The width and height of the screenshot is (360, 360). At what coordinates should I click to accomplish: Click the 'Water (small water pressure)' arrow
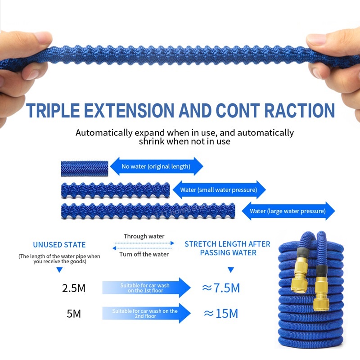[x=219, y=189]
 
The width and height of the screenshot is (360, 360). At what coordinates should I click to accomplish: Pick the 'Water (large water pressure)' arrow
[x=288, y=211]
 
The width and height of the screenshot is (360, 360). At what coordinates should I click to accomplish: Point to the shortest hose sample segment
[x=84, y=167]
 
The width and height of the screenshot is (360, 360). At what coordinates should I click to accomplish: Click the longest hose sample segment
[x=148, y=211]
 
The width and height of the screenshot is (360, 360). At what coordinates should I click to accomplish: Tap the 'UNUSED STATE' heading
[x=59, y=245]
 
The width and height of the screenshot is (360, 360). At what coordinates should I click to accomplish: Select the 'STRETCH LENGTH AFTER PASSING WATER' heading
[x=227, y=248]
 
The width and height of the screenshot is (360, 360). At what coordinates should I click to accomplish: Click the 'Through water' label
[x=144, y=236]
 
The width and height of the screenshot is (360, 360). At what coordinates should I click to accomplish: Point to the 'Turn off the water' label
[x=144, y=254]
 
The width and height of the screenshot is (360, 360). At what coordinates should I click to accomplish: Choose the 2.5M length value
[x=73, y=288]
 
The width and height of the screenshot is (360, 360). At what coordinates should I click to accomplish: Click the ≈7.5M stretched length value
[x=220, y=288]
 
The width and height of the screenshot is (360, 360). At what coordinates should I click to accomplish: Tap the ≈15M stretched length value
[x=220, y=314]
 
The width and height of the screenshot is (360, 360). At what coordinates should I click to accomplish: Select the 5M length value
[x=73, y=314]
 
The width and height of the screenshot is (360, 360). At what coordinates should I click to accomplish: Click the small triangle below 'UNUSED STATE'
[x=59, y=270]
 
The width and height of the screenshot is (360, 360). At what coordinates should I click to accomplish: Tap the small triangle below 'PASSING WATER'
[x=231, y=270]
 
